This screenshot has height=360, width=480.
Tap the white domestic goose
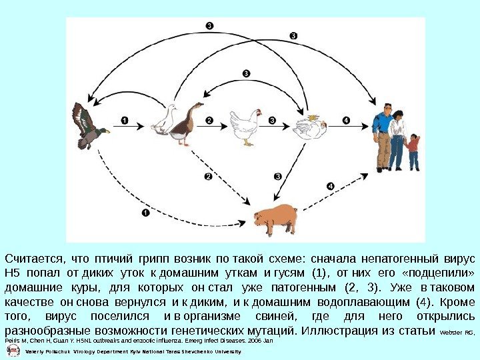pyautogui.click(x=165, y=121)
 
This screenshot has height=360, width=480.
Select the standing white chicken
pyautogui.click(x=244, y=125)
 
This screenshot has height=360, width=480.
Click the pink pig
pyautogui.click(x=275, y=218)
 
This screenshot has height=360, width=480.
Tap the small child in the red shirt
pyautogui.click(x=414, y=151)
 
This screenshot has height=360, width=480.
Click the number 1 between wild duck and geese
pyautogui.click(x=124, y=120)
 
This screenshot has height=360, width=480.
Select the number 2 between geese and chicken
pyautogui.click(x=209, y=120)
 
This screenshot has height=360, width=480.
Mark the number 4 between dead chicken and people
pyautogui.click(x=345, y=120)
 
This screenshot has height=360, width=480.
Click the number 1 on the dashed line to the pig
pyautogui.click(x=145, y=213)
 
